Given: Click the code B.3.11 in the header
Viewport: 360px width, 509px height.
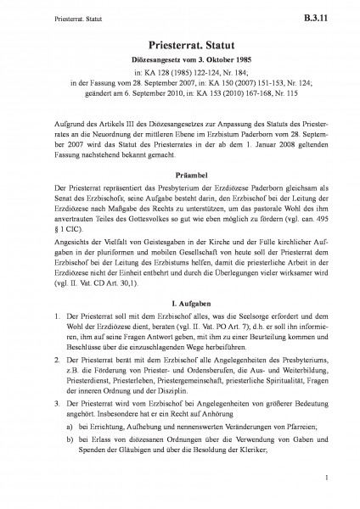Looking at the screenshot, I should pos(328,14).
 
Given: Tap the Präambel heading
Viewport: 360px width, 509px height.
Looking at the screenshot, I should pos(180,171).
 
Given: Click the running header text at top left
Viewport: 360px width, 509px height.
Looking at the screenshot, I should pos(40,14).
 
